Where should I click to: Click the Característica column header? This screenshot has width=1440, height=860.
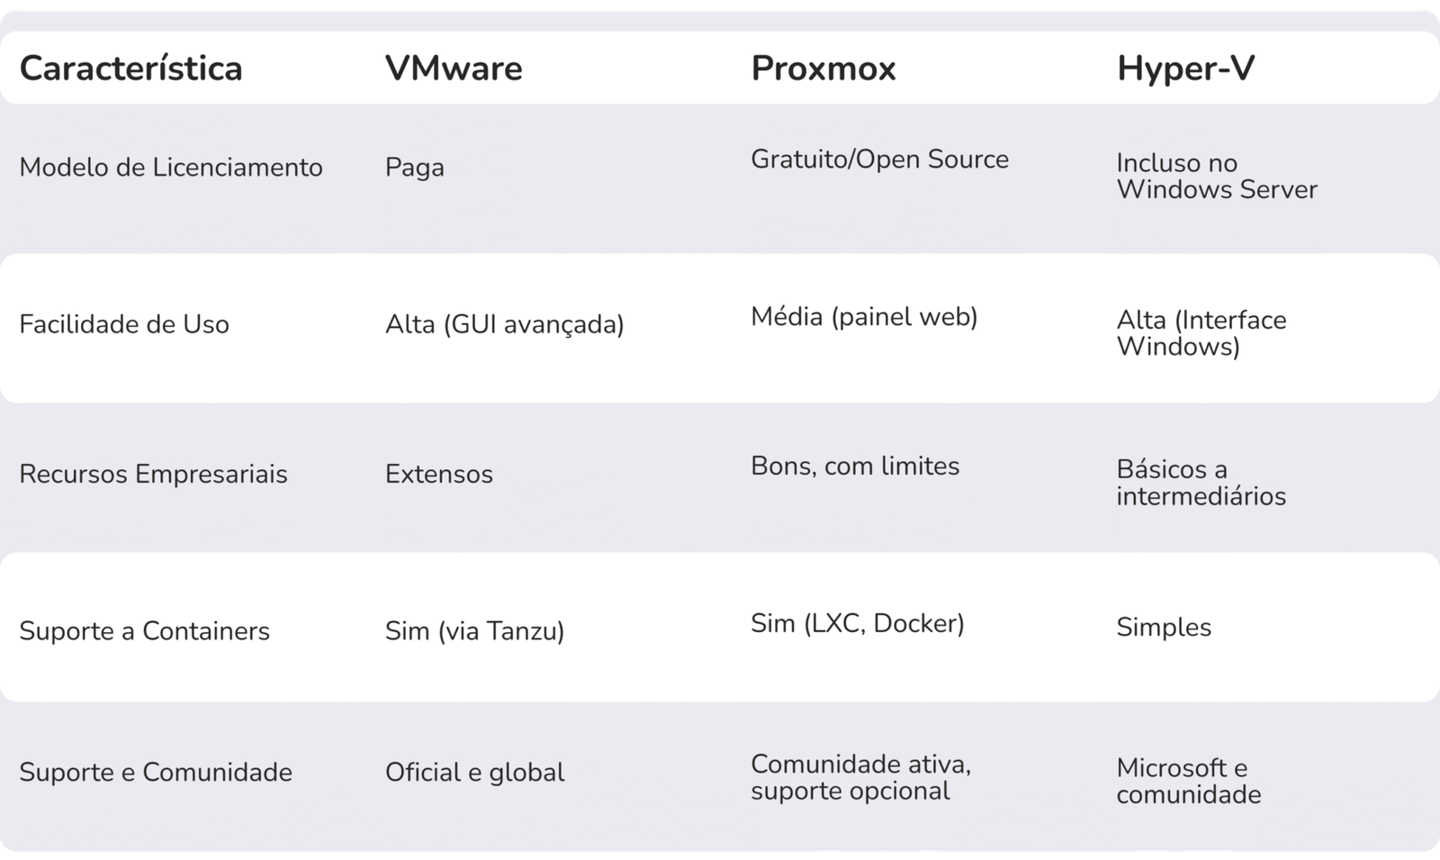(x=130, y=69)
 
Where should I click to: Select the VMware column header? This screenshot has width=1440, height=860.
(x=454, y=69)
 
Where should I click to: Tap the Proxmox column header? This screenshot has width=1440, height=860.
(x=823, y=69)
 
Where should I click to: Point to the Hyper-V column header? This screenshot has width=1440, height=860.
(x=1185, y=69)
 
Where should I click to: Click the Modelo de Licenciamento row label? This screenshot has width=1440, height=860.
(x=171, y=167)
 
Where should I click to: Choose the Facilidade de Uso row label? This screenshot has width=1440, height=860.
(x=124, y=324)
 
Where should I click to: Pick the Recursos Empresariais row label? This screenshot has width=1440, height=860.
(x=153, y=475)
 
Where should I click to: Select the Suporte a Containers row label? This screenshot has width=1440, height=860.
(x=144, y=631)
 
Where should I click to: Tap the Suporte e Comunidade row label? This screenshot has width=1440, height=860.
(x=156, y=773)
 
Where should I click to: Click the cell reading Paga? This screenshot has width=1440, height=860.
(x=415, y=168)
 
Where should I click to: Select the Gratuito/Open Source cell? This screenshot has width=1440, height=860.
(x=879, y=159)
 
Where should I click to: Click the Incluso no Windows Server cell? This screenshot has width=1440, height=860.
(x=1216, y=177)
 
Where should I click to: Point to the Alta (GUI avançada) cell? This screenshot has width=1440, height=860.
(x=505, y=324)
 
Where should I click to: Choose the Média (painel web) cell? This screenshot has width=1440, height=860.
(x=864, y=317)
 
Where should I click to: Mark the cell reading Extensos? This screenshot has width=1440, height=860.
(x=439, y=475)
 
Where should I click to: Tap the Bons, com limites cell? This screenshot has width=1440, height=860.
(x=855, y=466)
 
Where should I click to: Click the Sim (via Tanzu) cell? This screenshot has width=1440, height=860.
(x=474, y=631)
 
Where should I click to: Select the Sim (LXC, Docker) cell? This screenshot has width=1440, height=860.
(x=857, y=623)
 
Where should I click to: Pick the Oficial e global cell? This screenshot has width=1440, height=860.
(x=474, y=773)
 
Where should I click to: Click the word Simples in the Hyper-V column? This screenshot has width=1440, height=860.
(x=1164, y=628)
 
